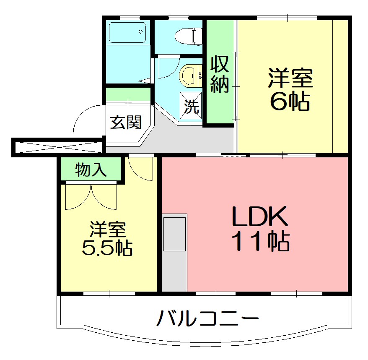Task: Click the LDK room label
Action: click(x=260, y=217)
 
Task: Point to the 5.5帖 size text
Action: click(x=107, y=248)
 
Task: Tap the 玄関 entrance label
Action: click(x=125, y=122)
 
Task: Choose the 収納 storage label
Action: click(x=219, y=74)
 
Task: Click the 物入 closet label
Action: click(x=91, y=170)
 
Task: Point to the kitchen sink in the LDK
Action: click(x=174, y=233)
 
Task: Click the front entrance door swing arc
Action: click(x=87, y=120)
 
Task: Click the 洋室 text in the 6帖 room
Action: click(x=290, y=78)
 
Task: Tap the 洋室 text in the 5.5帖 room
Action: click(x=107, y=230)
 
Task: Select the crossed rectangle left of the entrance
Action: click(x=57, y=147)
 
